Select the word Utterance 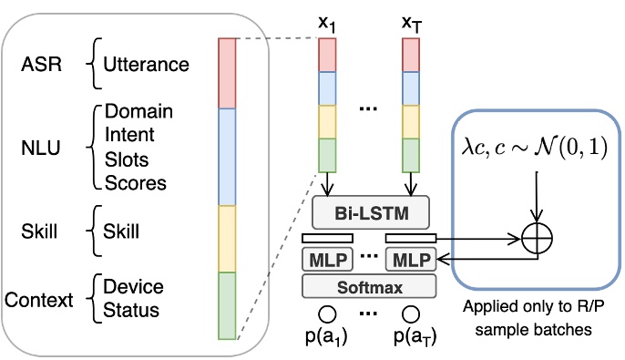(x=146, y=65)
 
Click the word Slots (x=127, y=159)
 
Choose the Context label (x=39, y=299)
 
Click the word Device (x=133, y=287)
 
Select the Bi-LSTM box (x=370, y=215)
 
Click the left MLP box (x=325, y=259)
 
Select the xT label (x=412, y=21)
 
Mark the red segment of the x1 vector (x=327, y=56)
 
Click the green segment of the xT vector (x=412, y=154)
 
